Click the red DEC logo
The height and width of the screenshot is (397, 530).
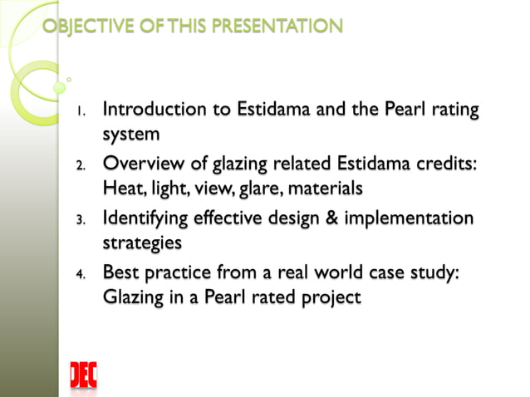[x=83, y=375]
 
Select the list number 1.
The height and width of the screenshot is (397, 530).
[x=81, y=111]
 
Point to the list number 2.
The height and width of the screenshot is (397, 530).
[x=81, y=166]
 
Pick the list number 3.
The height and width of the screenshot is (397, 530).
[x=81, y=221]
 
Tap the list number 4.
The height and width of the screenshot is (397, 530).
[x=81, y=276]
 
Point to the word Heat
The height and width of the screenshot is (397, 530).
[x=120, y=189]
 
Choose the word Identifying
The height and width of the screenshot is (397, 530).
[x=144, y=218]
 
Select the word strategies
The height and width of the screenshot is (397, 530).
[x=141, y=243]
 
